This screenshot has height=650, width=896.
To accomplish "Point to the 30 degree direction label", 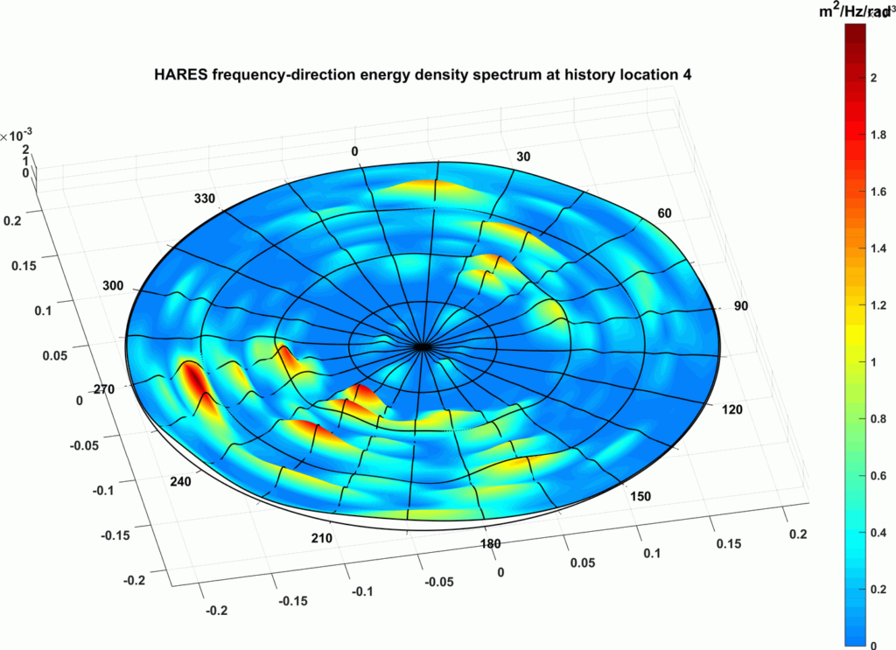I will [x=524, y=157].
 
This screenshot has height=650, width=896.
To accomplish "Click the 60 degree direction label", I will [x=663, y=213].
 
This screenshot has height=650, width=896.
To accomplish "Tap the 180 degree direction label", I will [x=490, y=544].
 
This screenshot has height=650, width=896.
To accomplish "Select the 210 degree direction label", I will [x=321, y=538].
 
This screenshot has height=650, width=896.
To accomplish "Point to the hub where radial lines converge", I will [x=423, y=346].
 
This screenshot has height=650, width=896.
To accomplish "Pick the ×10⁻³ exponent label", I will [x=16, y=136].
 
